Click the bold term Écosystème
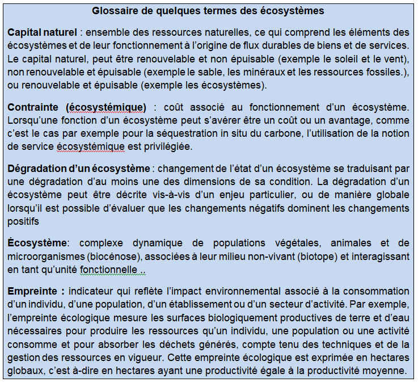click(37, 243)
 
